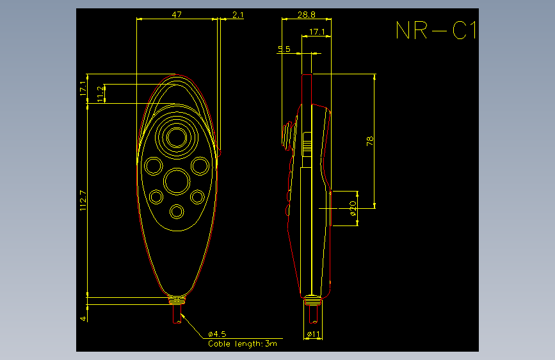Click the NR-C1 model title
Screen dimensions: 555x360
tap(436, 30)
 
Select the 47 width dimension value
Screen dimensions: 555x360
tap(177, 15)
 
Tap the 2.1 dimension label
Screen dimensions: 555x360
tap(238, 15)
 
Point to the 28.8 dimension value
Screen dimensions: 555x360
tap(306, 15)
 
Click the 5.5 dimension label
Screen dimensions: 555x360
tap(284, 49)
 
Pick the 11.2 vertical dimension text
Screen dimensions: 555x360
tap(101, 94)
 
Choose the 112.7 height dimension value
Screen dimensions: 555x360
tap(83, 200)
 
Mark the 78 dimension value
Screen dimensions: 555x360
tap(370, 141)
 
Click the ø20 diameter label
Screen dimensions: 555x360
tap(353, 208)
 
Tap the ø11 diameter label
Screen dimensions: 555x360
tap(313, 334)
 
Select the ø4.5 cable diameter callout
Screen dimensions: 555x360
tap(217, 334)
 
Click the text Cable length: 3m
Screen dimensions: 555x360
tap(243, 343)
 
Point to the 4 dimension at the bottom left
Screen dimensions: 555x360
tap(83, 318)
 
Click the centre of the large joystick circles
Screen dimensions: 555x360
tap(177, 137)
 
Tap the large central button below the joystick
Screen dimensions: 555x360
tap(177, 181)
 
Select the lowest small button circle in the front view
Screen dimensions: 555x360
tap(177, 211)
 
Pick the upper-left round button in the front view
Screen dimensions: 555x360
tap(153, 166)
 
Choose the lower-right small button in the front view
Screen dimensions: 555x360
tap(197, 197)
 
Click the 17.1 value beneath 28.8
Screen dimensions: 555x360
tap(317, 32)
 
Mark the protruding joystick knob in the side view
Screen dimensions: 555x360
tap(289, 136)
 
